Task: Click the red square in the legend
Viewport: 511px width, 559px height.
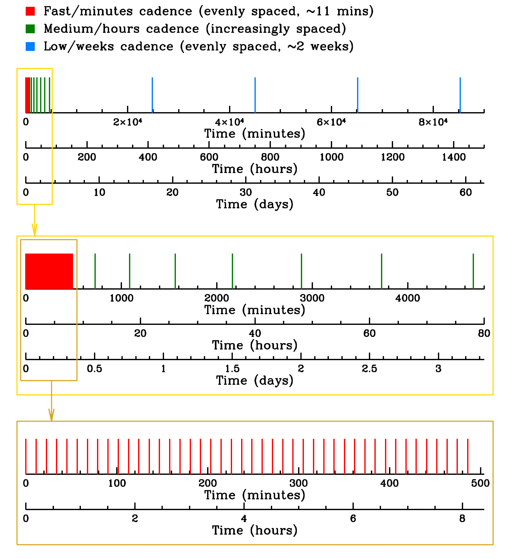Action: click(x=30, y=11)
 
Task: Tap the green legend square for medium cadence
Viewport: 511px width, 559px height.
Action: click(x=30, y=29)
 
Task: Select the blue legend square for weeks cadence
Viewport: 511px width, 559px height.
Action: click(x=30, y=47)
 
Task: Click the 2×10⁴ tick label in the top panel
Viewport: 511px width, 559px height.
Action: click(x=127, y=122)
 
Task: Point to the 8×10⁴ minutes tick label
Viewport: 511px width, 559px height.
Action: click(x=433, y=122)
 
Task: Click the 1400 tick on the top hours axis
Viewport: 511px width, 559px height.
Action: click(x=454, y=158)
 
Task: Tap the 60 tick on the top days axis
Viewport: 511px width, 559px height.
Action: click(x=466, y=193)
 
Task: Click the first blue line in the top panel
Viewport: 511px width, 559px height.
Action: click(x=152, y=95)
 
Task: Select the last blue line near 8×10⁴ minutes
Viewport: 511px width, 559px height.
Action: click(x=460, y=95)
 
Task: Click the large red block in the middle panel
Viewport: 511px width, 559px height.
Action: click(x=49, y=271)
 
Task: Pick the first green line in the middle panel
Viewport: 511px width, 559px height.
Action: click(x=95, y=271)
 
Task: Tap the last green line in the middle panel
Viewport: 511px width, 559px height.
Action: click(x=473, y=271)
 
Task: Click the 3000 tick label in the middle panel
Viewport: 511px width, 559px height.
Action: click(x=312, y=298)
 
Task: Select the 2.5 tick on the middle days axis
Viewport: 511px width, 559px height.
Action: click(x=369, y=369)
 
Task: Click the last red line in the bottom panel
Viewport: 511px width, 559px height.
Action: click(x=468, y=456)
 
